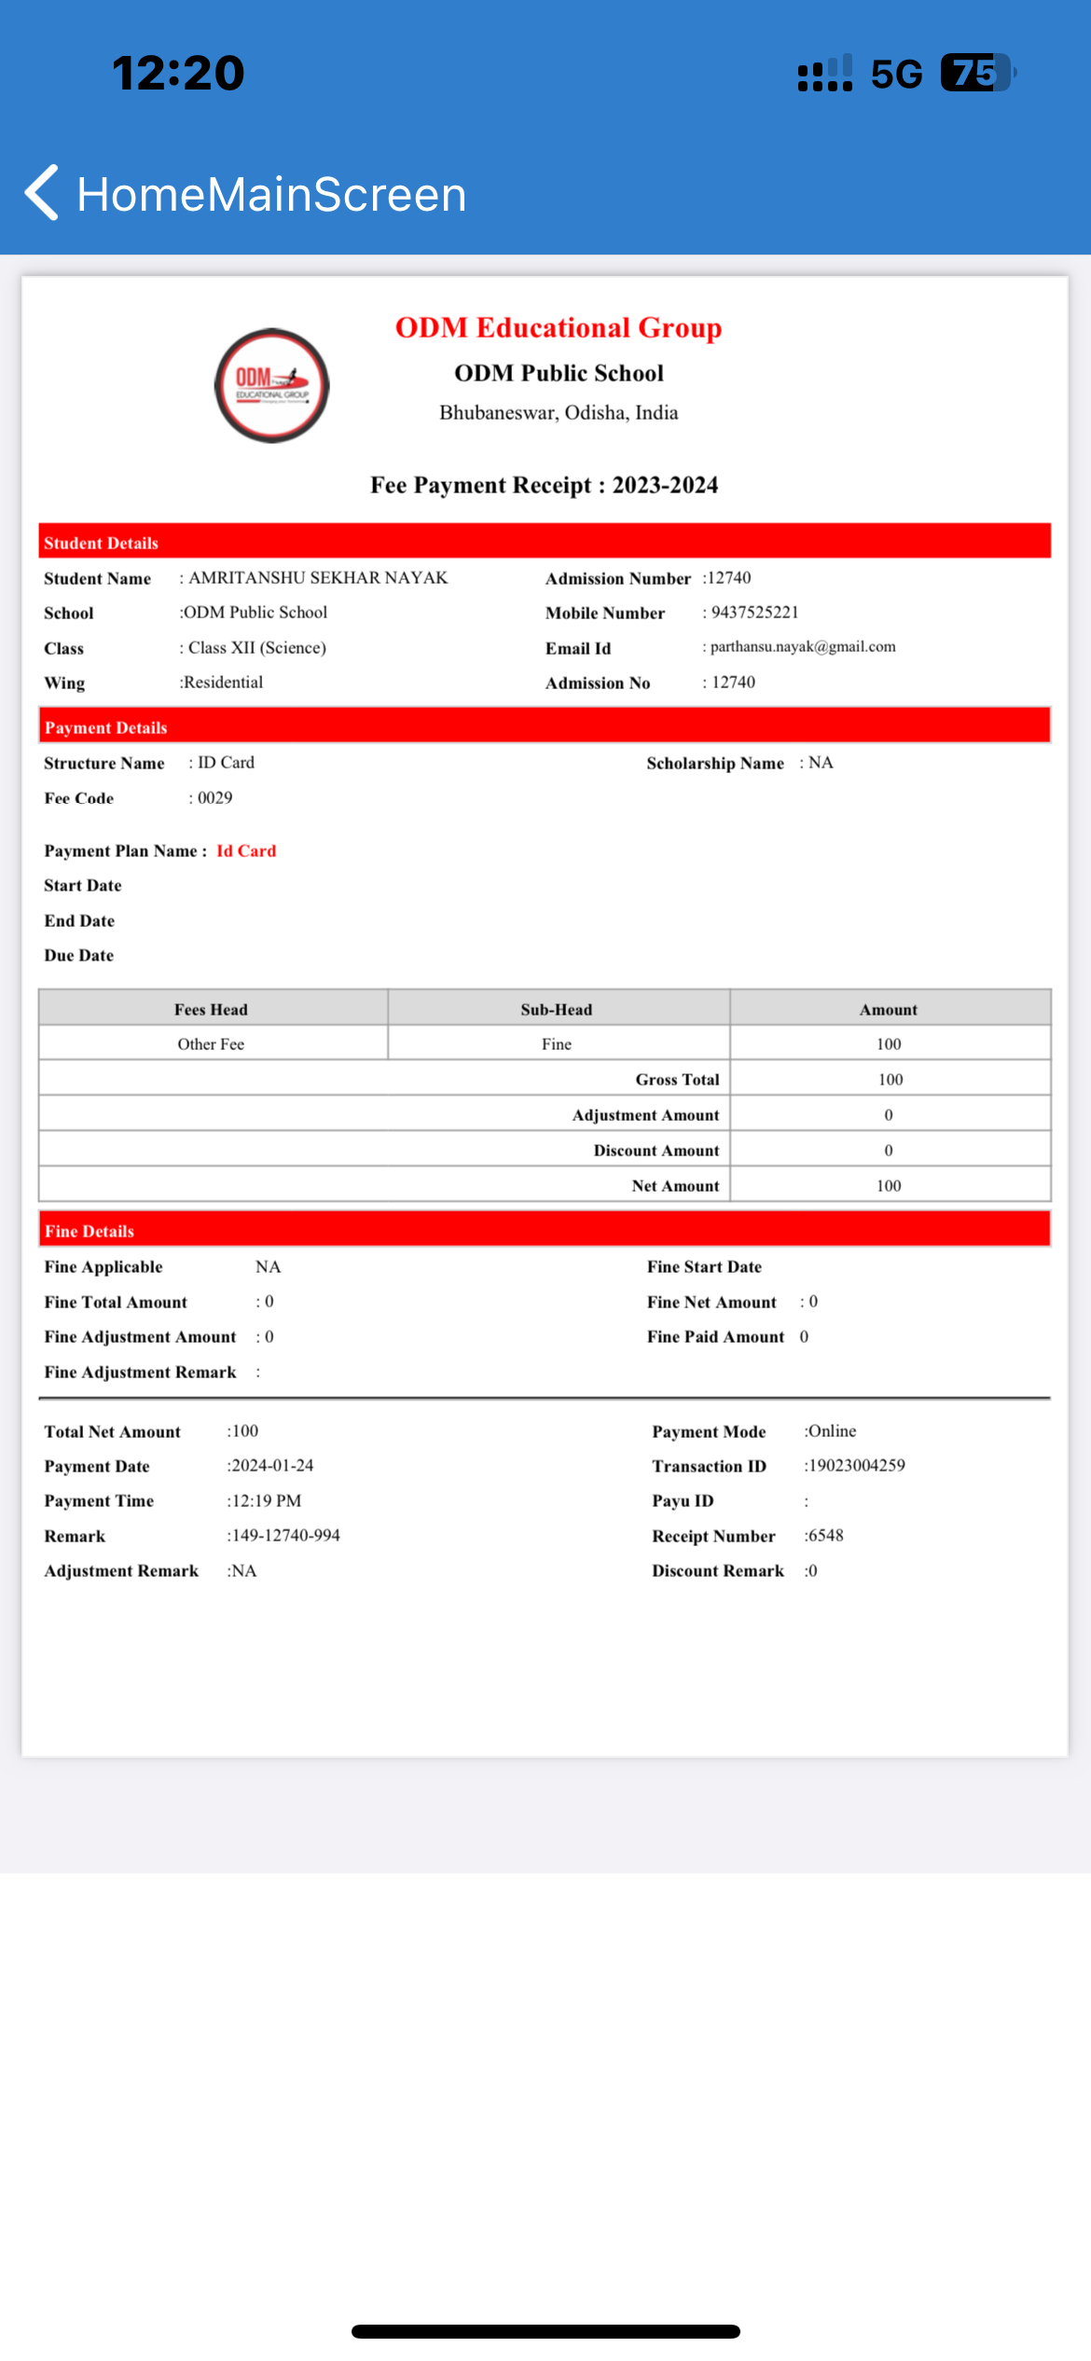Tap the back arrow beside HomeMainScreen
point(42,193)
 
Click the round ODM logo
point(272,385)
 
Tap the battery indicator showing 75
point(975,73)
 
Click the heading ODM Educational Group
point(558,328)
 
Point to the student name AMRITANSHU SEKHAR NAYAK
point(318,578)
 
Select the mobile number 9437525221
point(754,613)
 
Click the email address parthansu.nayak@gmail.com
point(802,647)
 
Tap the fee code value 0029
point(214,798)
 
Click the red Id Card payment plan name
point(246,851)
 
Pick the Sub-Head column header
point(557,1010)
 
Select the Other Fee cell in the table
point(212,1044)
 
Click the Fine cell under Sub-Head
point(557,1044)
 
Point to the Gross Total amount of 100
point(890,1080)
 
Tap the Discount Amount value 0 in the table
point(889,1151)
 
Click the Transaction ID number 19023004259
point(856,1466)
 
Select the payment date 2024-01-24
point(271,1466)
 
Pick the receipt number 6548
point(825,1536)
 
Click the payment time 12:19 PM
point(266,1501)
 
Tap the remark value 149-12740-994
point(285,1536)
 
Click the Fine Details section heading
point(90,1232)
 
